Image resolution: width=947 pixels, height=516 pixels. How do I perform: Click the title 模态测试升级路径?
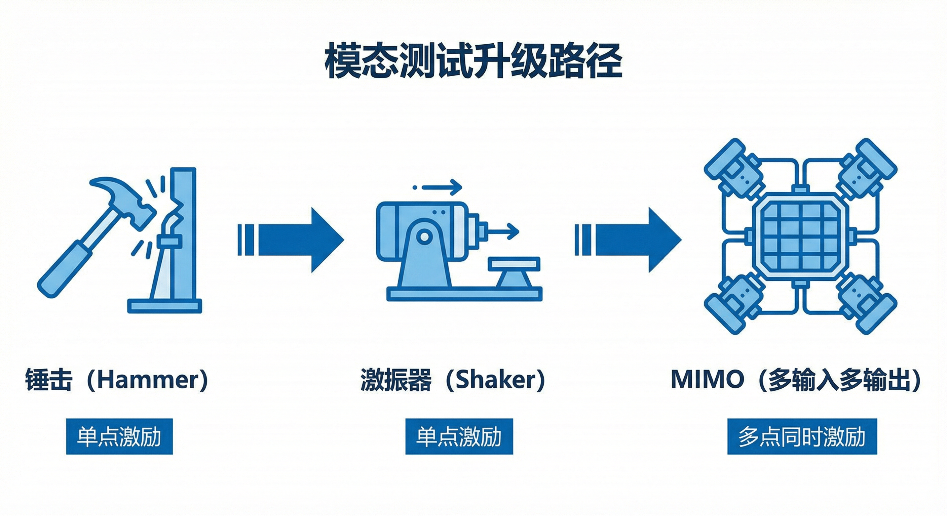pyautogui.click(x=473, y=66)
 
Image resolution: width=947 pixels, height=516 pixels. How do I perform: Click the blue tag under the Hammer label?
pyautogui.click(x=119, y=437)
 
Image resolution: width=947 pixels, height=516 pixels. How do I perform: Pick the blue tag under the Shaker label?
pyautogui.click(x=459, y=437)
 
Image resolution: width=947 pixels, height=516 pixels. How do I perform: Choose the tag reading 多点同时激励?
pyautogui.click(x=802, y=437)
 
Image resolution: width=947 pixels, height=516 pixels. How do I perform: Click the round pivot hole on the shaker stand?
pyautogui.click(x=424, y=236)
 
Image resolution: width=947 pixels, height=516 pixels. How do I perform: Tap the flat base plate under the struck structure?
pyautogui.click(x=164, y=306)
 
